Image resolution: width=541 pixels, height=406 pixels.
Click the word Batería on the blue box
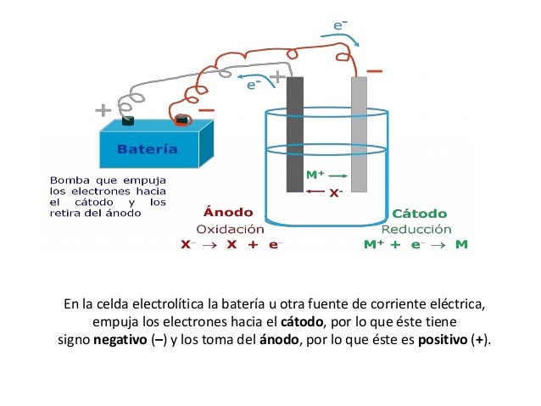pyautogui.click(x=148, y=150)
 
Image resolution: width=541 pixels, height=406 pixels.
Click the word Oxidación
pyautogui.click(x=230, y=228)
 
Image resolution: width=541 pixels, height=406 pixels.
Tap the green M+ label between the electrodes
pyautogui.click(x=314, y=175)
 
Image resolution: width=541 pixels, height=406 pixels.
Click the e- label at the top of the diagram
pyautogui.click(x=338, y=25)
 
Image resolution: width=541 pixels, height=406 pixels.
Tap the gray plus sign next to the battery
pyautogui.click(x=103, y=110)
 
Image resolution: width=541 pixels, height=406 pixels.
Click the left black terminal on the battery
pyautogui.click(x=129, y=121)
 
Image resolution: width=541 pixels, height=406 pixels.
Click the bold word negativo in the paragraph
pyautogui.click(x=118, y=341)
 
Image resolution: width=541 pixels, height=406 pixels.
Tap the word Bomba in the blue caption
pyautogui.click(x=68, y=181)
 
